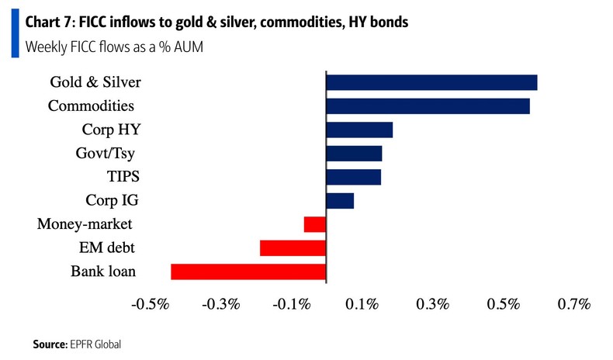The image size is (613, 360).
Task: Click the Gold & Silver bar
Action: (431, 82)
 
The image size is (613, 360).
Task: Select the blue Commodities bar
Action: (428, 106)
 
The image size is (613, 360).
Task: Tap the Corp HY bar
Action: (359, 130)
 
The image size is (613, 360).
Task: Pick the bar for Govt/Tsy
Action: (354, 154)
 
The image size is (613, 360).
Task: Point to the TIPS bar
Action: (354, 177)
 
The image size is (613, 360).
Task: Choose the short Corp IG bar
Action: (340, 201)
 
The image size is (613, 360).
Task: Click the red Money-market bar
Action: (314, 224)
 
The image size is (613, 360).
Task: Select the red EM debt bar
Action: (293, 247)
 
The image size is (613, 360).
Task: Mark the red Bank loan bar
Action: (248, 272)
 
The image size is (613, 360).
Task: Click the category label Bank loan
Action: (103, 272)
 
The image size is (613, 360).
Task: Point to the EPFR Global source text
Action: (95, 344)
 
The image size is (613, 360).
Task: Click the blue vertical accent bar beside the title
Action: (15, 36)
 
